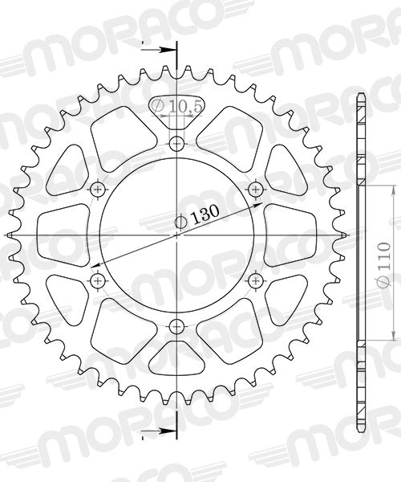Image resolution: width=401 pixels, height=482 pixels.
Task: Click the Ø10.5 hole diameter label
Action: coord(176,106)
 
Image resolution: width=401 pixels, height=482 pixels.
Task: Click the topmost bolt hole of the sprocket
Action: coord(177,145)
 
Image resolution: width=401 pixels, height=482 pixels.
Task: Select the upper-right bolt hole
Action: coord(256,190)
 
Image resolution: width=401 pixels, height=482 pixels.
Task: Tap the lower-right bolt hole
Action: coord(256,280)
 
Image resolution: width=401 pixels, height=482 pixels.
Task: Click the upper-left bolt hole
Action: coord(99,190)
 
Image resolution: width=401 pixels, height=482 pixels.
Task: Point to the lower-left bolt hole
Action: coord(99,280)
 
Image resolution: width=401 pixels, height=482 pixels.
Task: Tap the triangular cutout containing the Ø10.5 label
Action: coord(177,112)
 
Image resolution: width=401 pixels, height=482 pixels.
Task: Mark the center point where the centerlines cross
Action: coord(177,235)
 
